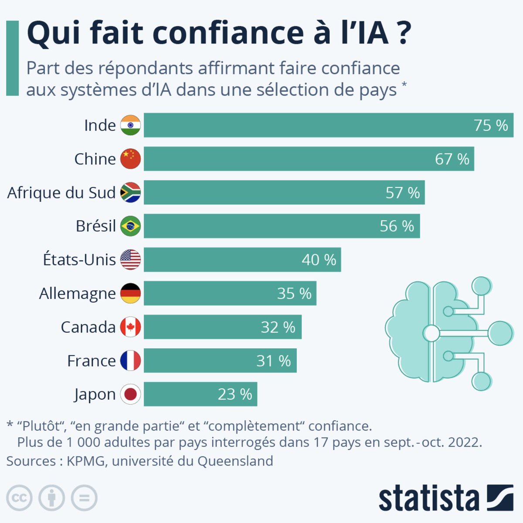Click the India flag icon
(130, 125)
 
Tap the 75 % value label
(491, 126)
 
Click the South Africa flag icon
(130, 193)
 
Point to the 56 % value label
(397, 226)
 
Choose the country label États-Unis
(79, 260)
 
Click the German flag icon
(130, 293)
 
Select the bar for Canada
(222, 327)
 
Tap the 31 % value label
(273, 361)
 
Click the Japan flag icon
(130, 394)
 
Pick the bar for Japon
(200, 394)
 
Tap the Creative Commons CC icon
(19, 498)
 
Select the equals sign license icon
(84, 498)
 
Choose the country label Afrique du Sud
(61, 193)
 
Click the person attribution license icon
(51, 498)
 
